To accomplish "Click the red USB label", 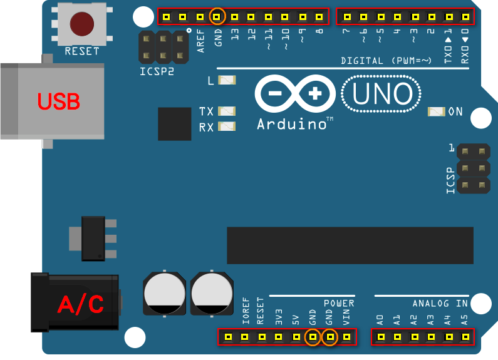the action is [59, 101].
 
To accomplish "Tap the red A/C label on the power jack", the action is [81, 304].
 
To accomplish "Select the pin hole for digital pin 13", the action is [234, 17].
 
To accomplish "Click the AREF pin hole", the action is [200, 17].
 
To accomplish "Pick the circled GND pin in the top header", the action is [217, 16].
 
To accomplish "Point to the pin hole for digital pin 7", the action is [347, 17].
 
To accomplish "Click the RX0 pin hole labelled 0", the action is [465, 17].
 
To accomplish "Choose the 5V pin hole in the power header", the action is [296, 336].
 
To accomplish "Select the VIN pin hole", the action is [347, 336].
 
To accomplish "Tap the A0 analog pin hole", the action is [381, 336].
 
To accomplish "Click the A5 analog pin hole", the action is [465, 336].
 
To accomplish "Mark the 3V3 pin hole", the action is [279, 336].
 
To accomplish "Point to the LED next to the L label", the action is [227, 80].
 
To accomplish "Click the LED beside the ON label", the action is [437, 111].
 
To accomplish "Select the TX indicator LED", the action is [227, 111].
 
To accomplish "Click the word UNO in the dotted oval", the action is [382, 94].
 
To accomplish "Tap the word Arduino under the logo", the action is [291, 124].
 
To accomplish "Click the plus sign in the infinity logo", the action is [314, 94].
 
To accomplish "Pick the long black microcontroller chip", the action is [350, 245].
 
